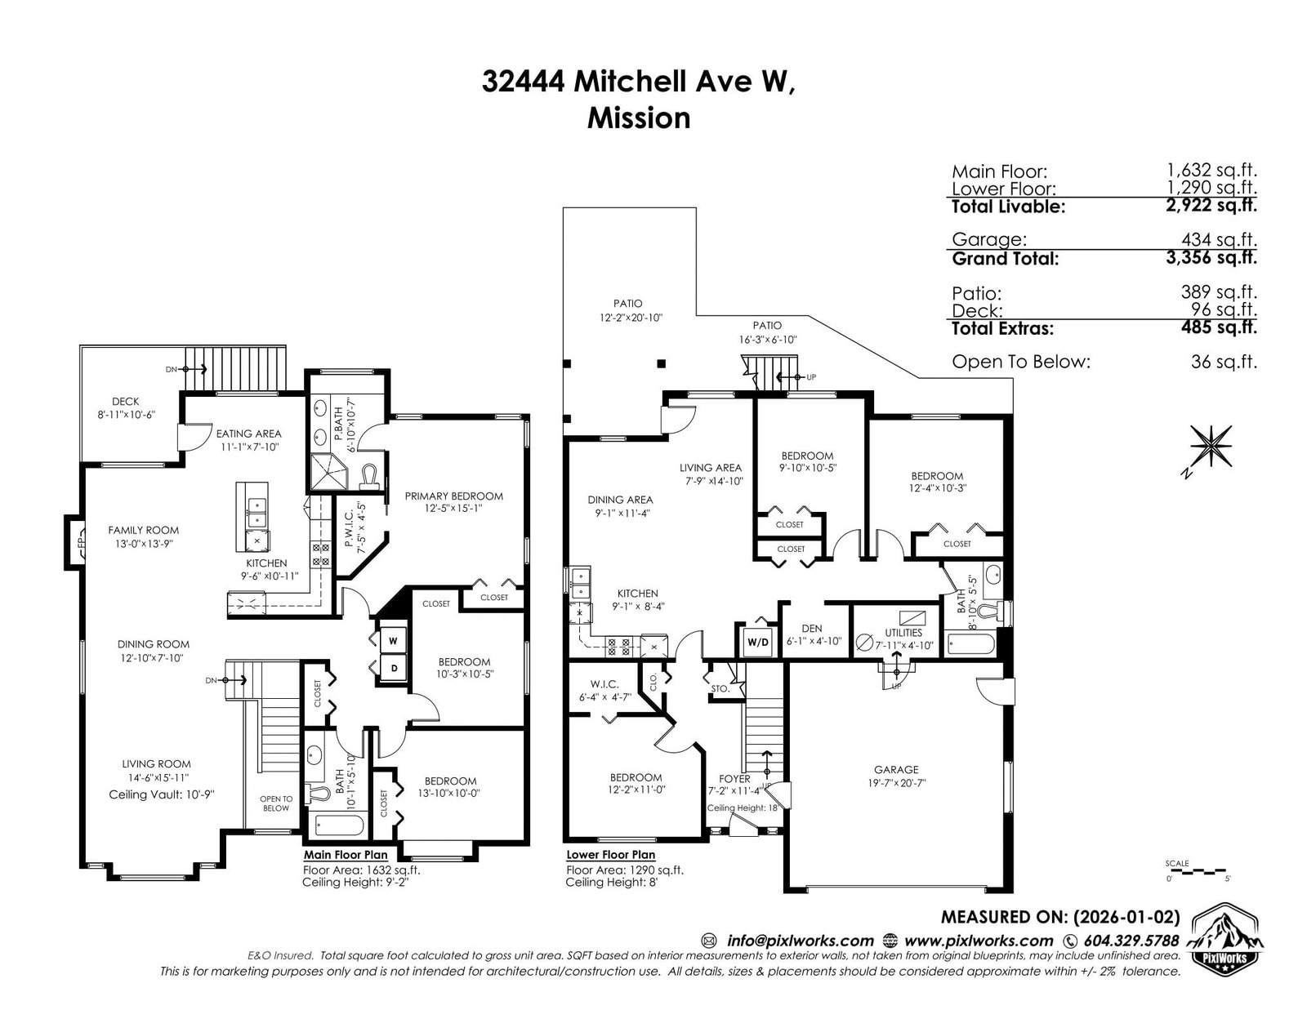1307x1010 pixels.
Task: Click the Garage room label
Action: pos(895,769)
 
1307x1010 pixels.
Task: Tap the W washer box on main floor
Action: pos(393,641)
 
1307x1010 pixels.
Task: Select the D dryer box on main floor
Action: pos(394,668)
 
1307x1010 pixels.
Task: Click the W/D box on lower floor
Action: pos(758,642)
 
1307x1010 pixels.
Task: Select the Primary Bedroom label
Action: pos(453,496)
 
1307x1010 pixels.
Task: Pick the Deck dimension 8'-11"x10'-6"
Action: pos(126,415)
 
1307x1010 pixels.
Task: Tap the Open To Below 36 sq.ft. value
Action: pos(1224,362)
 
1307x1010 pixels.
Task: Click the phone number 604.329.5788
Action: pos(1131,941)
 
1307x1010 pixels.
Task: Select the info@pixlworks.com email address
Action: pos(800,941)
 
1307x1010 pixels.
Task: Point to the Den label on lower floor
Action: pos(811,628)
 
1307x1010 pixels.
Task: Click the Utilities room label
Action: pos(903,633)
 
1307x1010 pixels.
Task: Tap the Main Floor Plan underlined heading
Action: pos(346,855)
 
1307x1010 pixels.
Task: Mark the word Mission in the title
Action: pos(638,118)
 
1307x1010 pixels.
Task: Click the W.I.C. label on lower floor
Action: pos(604,684)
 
